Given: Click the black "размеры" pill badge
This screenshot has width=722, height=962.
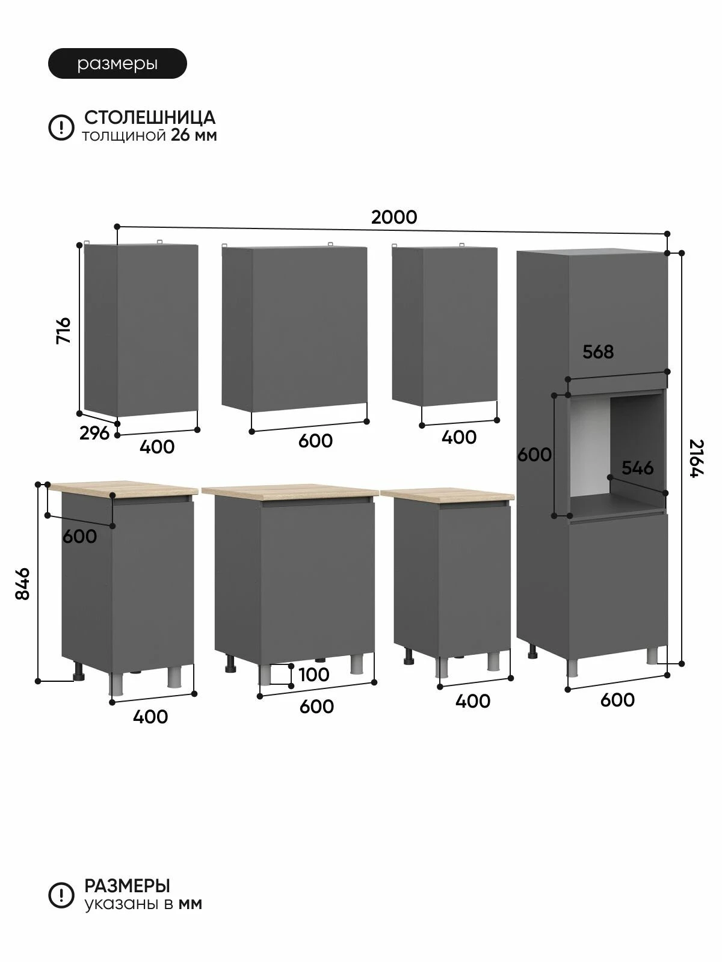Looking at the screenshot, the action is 117,64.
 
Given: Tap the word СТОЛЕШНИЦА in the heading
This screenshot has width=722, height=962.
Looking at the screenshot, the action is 150,117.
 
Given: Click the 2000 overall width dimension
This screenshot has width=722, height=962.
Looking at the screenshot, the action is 394,218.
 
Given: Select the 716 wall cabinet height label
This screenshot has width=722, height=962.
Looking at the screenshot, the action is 64,331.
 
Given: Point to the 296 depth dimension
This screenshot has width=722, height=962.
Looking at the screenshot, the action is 94,433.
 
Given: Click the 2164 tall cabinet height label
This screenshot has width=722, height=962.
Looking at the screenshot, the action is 696,458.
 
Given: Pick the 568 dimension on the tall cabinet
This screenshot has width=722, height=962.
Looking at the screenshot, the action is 598,352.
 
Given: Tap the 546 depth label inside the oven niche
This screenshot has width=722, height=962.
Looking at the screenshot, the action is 637,468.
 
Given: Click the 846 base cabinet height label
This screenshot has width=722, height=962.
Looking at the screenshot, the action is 22,584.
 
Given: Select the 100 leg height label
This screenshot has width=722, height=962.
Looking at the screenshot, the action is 314,675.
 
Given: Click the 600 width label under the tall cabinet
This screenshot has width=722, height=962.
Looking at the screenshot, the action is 617,700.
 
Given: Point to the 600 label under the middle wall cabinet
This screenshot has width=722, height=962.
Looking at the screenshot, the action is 315,441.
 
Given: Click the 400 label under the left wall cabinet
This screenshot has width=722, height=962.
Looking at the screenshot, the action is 157,447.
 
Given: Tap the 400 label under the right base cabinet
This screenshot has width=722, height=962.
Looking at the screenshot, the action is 472,701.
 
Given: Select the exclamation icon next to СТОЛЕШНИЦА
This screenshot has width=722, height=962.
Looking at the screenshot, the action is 61,127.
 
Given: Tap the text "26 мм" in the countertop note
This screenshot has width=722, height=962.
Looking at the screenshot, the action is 194,135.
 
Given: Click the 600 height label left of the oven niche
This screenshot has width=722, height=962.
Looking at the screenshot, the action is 534,455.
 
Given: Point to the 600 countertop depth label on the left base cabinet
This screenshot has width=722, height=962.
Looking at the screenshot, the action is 79,536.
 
